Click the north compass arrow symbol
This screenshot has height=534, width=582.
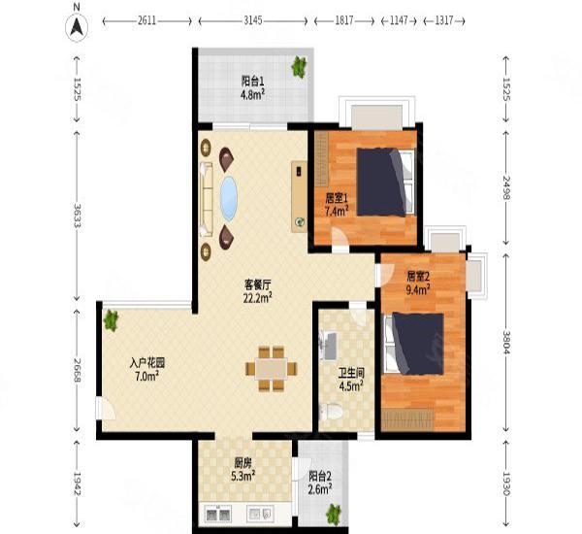click(77, 27)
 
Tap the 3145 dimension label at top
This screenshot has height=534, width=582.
click(253, 20)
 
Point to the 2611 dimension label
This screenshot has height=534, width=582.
click(147, 20)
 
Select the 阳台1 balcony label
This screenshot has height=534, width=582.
click(252, 81)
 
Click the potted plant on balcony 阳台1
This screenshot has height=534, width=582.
click(299, 67)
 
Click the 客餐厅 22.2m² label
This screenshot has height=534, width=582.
click(258, 291)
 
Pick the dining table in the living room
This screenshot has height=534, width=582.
click(272, 369)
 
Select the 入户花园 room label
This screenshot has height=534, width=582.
click(147, 363)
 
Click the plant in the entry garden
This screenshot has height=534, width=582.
click(111, 320)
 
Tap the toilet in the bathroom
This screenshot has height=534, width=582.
click(331, 411)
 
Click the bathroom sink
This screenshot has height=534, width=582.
click(329, 347)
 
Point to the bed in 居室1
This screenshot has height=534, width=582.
click(385, 183)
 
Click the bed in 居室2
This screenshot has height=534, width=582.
click(414, 344)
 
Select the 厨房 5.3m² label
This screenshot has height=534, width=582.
click(243, 469)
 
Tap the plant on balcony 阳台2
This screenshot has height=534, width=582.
click(334, 515)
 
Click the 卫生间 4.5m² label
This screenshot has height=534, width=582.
click(351, 379)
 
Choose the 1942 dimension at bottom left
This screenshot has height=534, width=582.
click(78, 484)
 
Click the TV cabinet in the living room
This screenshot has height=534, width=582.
click(299, 196)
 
